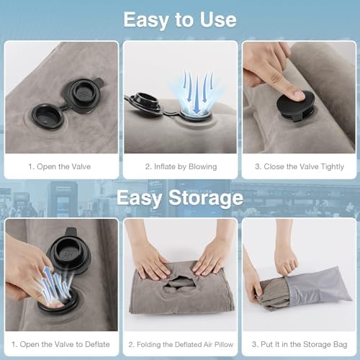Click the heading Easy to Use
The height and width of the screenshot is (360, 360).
click(x=180, y=19)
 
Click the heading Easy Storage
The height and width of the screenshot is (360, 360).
click(x=180, y=197)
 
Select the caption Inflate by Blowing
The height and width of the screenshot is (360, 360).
click(x=180, y=166)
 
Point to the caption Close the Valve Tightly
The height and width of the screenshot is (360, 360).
click(x=299, y=166)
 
